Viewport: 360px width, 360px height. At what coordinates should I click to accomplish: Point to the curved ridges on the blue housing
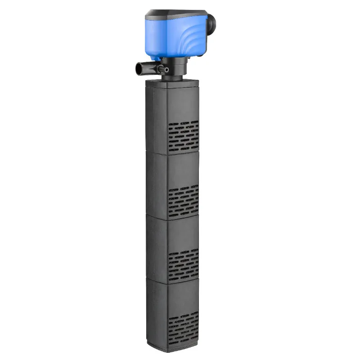pos(182,43)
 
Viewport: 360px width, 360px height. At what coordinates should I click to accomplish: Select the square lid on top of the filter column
pos(173,82)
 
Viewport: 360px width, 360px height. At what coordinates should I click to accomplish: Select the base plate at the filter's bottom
pos(173,346)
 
